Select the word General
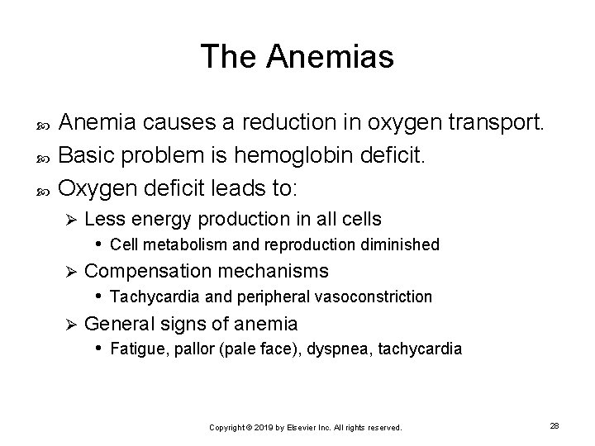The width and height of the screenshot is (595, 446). coord(117,323)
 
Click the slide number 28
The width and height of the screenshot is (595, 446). coord(555,425)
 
